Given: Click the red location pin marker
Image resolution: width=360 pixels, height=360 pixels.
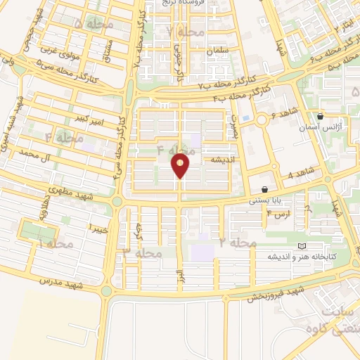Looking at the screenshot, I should pyautogui.click(x=181, y=166).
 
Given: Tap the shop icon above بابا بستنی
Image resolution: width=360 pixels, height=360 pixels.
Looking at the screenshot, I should pyautogui.click(x=264, y=189).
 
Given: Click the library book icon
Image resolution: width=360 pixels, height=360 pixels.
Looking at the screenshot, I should pyautogui.click(x=302, y=246).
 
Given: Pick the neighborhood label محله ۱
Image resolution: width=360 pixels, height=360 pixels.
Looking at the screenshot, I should pyautogui.click(x=53, y=243).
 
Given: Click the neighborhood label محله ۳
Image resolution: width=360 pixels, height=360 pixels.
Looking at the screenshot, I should pyautogui.click(x=143, y=252).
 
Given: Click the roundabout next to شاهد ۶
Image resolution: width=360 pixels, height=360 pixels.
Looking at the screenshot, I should pyautogui.click(x=262, y=121).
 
